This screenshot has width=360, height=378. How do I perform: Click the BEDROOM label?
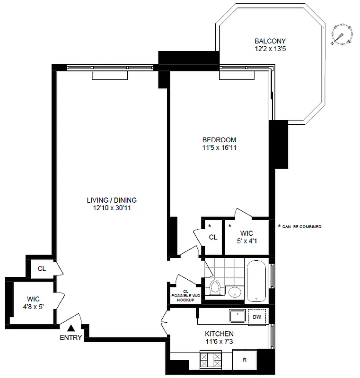219,140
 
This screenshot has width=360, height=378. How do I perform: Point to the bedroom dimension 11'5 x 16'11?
219,147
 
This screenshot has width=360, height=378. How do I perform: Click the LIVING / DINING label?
112,200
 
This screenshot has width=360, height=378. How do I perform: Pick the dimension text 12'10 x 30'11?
112,207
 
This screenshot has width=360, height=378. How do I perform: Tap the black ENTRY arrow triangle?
70,327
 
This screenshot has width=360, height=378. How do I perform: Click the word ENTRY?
70,337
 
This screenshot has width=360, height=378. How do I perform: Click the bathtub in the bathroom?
256,282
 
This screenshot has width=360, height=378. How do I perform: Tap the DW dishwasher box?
256,317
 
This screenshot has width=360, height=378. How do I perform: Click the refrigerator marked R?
245,360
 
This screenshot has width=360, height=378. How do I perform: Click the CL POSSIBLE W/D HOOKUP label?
185,296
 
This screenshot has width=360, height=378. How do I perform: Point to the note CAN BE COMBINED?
301,227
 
